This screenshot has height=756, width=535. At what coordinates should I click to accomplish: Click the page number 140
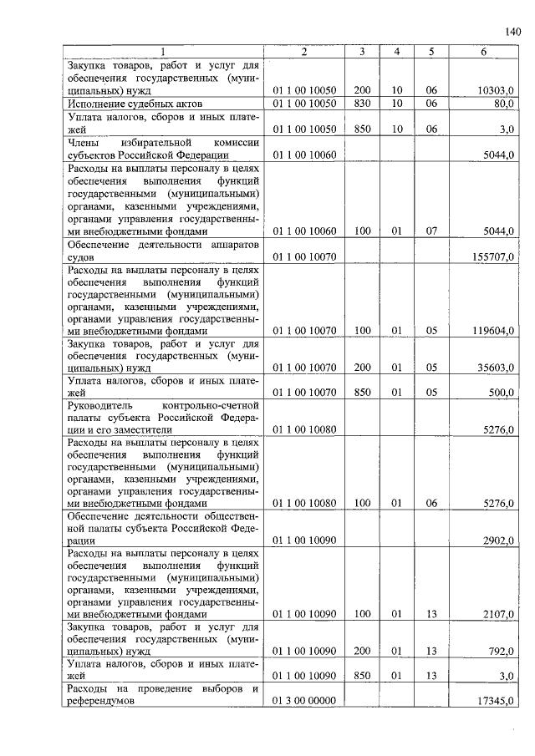513,33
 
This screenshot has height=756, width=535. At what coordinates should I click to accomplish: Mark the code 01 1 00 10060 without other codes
303,155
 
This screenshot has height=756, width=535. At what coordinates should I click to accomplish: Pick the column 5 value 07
431,231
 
